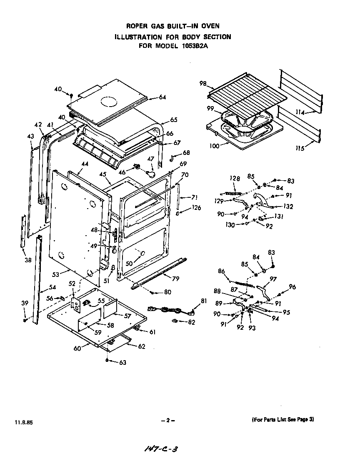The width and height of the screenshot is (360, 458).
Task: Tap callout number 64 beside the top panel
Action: click(x=162, y=97)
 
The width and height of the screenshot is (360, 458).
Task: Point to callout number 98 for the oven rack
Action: click(x=203, y=84)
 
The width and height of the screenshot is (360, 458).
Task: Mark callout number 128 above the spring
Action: click(x=235, y=179)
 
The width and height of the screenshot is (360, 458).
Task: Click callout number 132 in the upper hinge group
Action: click(x=287, y=206)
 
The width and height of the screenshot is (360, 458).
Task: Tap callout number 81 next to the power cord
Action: click(x=204, y=301)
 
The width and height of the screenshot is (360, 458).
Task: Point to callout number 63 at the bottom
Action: click(x=122, y=363)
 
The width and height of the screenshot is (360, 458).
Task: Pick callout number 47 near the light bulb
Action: click(x=151, y=159)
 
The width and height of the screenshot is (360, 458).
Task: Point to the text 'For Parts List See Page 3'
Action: click(x=283, y=420)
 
